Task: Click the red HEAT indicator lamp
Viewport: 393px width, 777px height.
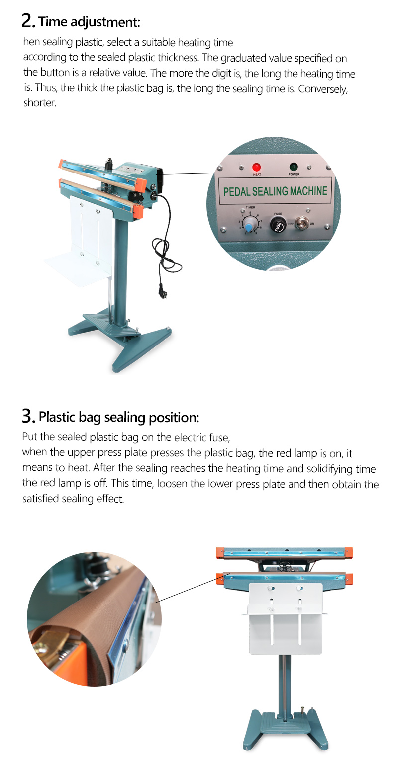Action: click(x=257, y=167)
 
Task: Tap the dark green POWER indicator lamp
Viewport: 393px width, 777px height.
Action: click(x=294, y=167)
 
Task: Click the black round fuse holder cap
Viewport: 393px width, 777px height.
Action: click(x=278, y=224)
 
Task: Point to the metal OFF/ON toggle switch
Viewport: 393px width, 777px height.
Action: click(x=302, y=223)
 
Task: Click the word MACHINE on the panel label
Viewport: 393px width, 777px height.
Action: click(x=308, y=191)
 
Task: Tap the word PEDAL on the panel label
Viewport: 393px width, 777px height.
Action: click(x=236, y=191)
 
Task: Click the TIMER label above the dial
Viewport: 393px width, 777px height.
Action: click(x=250, y=207)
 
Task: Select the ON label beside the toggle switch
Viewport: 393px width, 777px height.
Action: click(x=312, y=224)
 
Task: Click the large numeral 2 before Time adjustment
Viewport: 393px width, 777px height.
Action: click(x=27, y=21)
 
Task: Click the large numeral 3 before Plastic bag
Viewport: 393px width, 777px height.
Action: click(x=27, y=416)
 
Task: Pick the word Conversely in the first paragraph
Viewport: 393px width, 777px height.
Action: click(x=323, y=89)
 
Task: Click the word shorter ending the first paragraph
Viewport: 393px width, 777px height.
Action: click(x=40, y=103)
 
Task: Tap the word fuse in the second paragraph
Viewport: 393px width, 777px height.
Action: click(x=219, y=437)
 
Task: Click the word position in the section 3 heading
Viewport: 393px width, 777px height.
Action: click(x=174, y=417)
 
